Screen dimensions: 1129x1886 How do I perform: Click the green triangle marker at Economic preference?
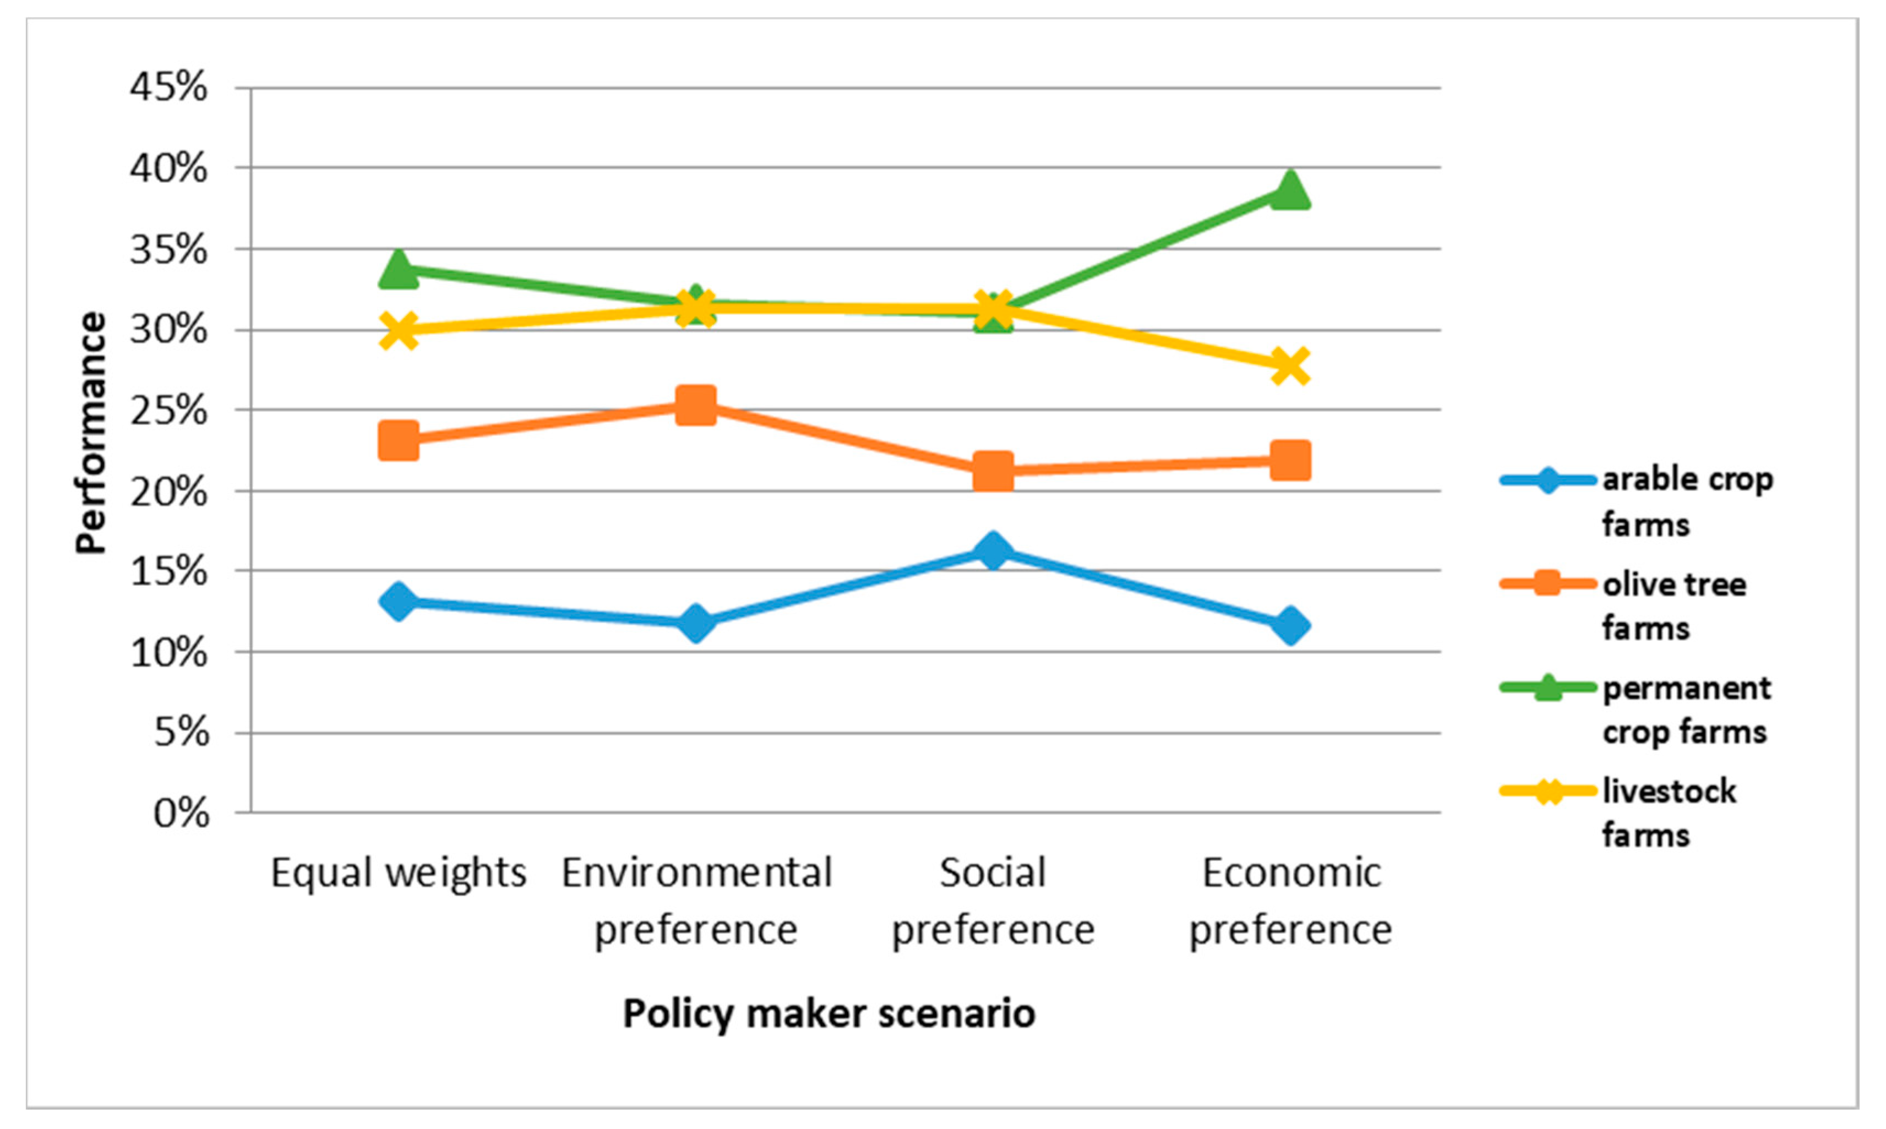(1290, 190)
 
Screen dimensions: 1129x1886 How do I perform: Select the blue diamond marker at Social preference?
(993, 549)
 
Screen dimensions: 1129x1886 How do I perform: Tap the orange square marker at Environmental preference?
(695, 404)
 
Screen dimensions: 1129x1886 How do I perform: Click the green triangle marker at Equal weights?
(398, 270)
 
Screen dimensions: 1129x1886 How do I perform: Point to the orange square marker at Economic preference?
(1290, 460)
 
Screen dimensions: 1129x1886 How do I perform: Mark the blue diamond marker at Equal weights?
(398, 602)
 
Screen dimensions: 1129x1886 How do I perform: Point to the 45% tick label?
(168, 88)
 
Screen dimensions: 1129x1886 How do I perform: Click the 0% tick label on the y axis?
(181, 813)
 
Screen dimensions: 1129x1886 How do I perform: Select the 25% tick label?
(168, 411)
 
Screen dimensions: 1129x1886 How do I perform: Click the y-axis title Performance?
(91, 432)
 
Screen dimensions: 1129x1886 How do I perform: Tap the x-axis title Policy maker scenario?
(828, 1013)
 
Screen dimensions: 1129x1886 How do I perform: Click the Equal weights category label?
(398, 872)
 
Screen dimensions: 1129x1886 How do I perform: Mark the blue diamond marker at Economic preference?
(1290, 625)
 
